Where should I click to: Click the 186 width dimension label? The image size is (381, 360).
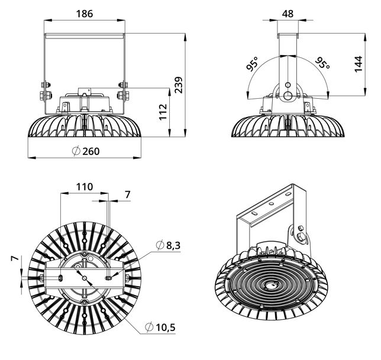[x=85, y=14]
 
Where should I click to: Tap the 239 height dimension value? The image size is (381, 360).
[x=179, y=85]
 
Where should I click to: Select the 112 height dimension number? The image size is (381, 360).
[x=163, y=112]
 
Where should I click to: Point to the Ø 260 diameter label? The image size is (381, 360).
[x=86, y=151]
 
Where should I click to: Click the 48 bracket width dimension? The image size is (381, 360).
[x=288, y=14]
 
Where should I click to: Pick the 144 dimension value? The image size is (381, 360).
[x=359, y=64]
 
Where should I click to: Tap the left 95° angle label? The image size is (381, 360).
[x=252, y=64]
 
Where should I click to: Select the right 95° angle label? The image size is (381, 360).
[x=322, y=63]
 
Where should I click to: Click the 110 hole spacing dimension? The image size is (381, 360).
[x=85, y=187]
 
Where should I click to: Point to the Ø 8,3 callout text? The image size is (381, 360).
[x=168, y=245]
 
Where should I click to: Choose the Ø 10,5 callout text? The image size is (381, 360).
[x=160, y=327]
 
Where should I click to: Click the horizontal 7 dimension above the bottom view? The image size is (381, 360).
[x=128, y=194]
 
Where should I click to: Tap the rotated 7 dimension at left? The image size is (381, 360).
[x=15, y=258]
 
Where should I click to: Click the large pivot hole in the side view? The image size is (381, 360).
[x=288, y=96]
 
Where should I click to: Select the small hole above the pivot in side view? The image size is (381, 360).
[x=288, y=85]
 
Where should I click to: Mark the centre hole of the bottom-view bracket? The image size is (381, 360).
[x=85, y=278]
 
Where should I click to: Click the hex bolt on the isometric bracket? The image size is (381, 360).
[x=301, y=236]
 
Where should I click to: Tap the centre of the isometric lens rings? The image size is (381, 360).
[x=270, y=286]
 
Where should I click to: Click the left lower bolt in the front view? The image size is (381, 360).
[x=46, y=95]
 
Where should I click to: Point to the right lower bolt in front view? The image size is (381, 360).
[x=122, y=95]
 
